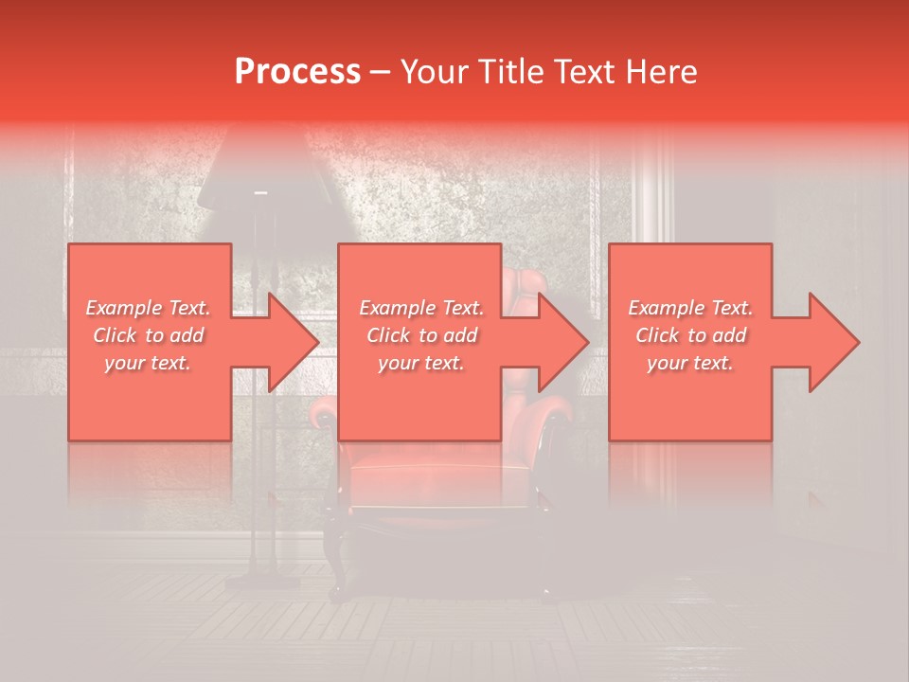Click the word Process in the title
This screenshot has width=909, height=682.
coord(297,71)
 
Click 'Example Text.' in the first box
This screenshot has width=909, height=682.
coord(149,308)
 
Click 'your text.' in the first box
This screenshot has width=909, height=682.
coord(149,363)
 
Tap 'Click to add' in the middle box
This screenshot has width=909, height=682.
coord(421,335)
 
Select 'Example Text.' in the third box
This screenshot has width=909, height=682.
coord(690,308)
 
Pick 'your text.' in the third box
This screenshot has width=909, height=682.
coord(690,363)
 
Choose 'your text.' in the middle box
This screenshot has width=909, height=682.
coord(421,363)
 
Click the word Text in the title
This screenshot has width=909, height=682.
coord(580,71)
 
